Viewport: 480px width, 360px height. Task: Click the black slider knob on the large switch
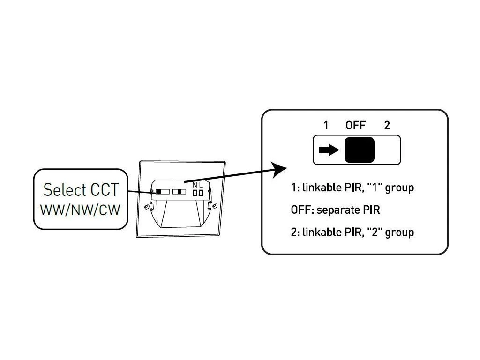tap(360, 150)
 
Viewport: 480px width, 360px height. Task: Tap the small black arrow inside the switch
tap(328, 150)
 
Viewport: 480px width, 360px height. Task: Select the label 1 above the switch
tap(326, 125)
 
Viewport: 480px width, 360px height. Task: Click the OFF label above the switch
tap(355, 125)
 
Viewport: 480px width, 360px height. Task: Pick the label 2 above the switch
tap(387, 125)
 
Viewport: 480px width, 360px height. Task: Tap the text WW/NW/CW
tap(80, 210)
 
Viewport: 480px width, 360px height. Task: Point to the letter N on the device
tap(195, 185)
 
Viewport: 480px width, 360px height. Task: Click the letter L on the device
tap(201, 185)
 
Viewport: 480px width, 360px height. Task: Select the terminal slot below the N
tap(195, 193)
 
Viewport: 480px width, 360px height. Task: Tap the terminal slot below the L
tap(201, 193)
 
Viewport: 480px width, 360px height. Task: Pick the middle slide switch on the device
tap(179, 192)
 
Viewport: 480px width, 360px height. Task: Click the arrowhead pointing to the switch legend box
tap(281, 169)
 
